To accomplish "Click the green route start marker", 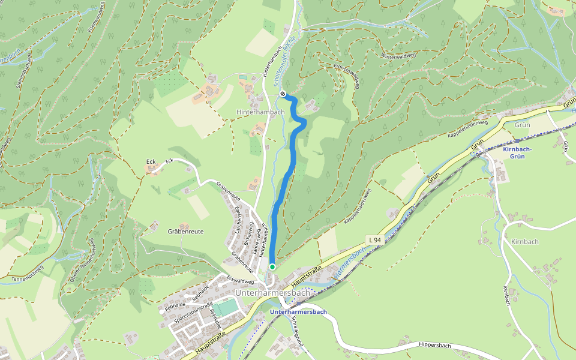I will click(x=272, y=267).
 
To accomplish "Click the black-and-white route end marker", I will click(x=283, y=94).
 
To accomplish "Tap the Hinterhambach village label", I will click(x=260, y=112).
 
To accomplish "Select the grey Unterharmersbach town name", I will click(x=273, y=293).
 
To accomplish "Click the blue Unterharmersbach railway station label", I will click(x=298, y=312).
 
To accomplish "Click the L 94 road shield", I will click(x=375, y=240).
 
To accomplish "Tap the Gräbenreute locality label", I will click(x=185, y=231).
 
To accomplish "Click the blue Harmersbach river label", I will click(x=349, y=263).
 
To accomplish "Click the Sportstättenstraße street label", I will click(x=193, y=313).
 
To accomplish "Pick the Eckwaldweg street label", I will click(x=241, y=280).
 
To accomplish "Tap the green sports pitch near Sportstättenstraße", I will click(x=226, y=308).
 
